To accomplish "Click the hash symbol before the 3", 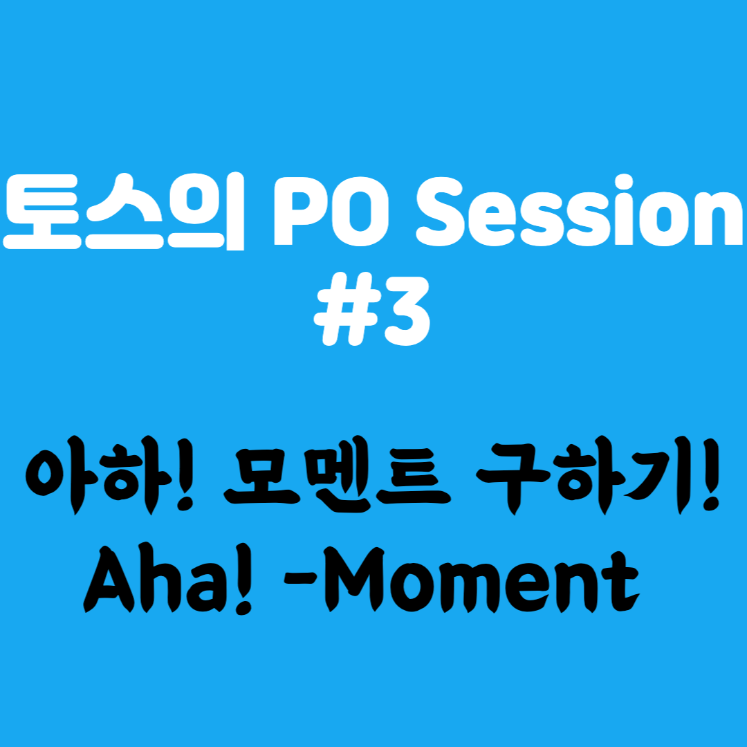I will click(342, 309).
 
